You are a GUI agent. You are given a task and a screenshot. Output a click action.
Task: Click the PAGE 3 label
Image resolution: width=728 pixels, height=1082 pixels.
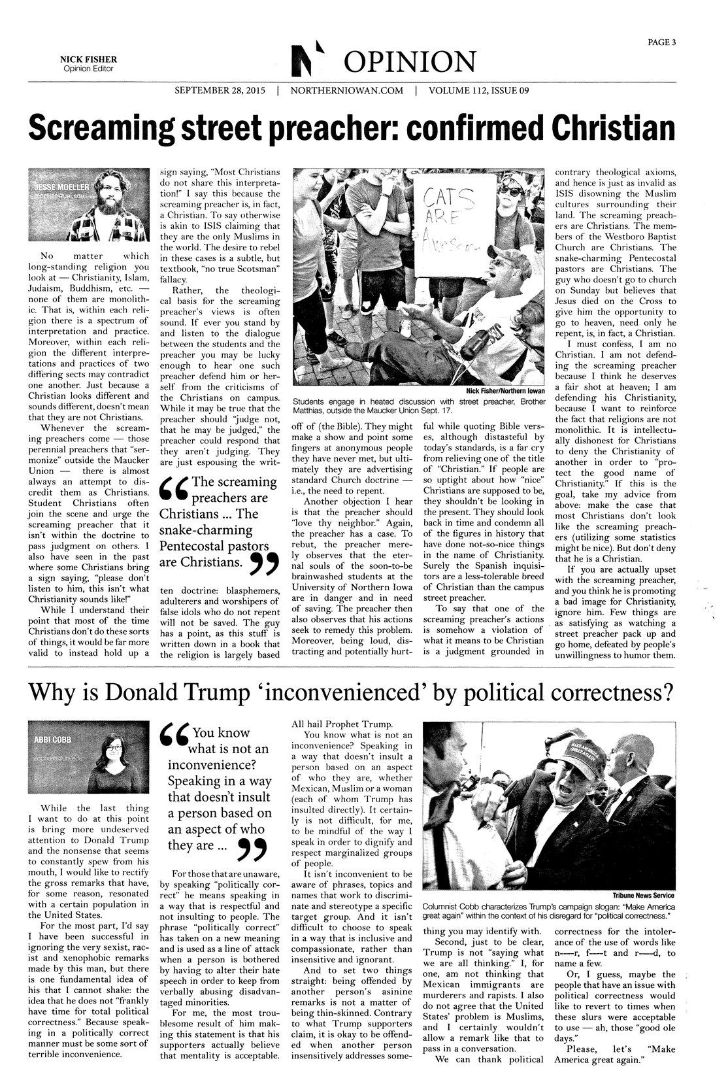(662, 42)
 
